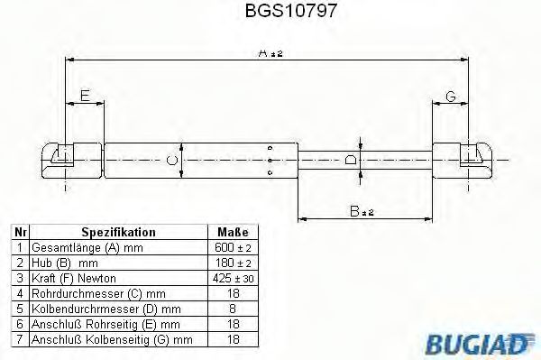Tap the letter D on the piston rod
tap(351, 160)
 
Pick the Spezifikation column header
tap(119, 232)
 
